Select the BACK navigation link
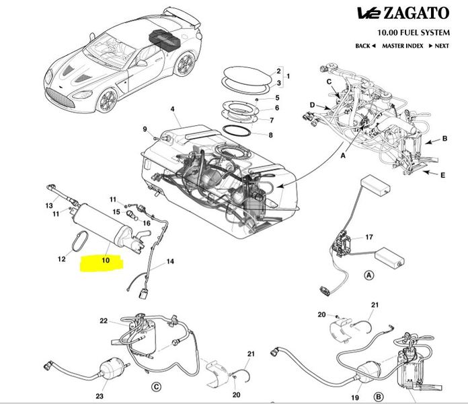[x=365, y=46]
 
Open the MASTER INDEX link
[x=402, y=46]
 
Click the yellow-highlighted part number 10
[x=105, y=259]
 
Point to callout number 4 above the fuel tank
[x=172, y=109]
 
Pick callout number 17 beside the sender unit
[x=368, y=237]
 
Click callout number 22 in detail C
[x=104, y=321]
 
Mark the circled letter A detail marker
[x=368, y=275]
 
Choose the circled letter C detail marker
[x=156, y=386]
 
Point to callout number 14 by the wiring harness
[x=169, y=261]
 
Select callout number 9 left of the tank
[x=144, y=129]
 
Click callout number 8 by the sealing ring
[x=270, y=135]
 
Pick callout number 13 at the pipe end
[x=48, y=205]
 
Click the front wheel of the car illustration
[x=106, y=101]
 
